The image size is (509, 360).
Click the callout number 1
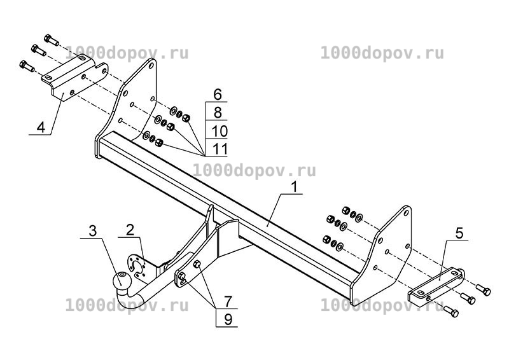(x=294, y=187)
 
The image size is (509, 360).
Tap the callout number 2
(x=130, y=230)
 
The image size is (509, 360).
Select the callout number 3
(x=93, y=231)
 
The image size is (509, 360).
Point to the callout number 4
(x=41, y=127)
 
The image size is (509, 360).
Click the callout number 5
(x=459, y=233)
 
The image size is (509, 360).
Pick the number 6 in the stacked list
(x=218, y=95)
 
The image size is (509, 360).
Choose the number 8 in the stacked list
(x=218, y=113)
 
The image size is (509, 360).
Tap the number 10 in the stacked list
(x=220, y=131)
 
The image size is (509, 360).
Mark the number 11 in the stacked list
(x=220, y=149)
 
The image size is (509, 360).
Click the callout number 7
(x=228, y=302)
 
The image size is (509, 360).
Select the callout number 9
(x=228, y=320)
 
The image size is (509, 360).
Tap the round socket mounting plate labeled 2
(x=136, y=267)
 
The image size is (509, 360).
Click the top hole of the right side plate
(x=405, y=212)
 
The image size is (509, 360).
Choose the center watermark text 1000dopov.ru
(x=254, y=170)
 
